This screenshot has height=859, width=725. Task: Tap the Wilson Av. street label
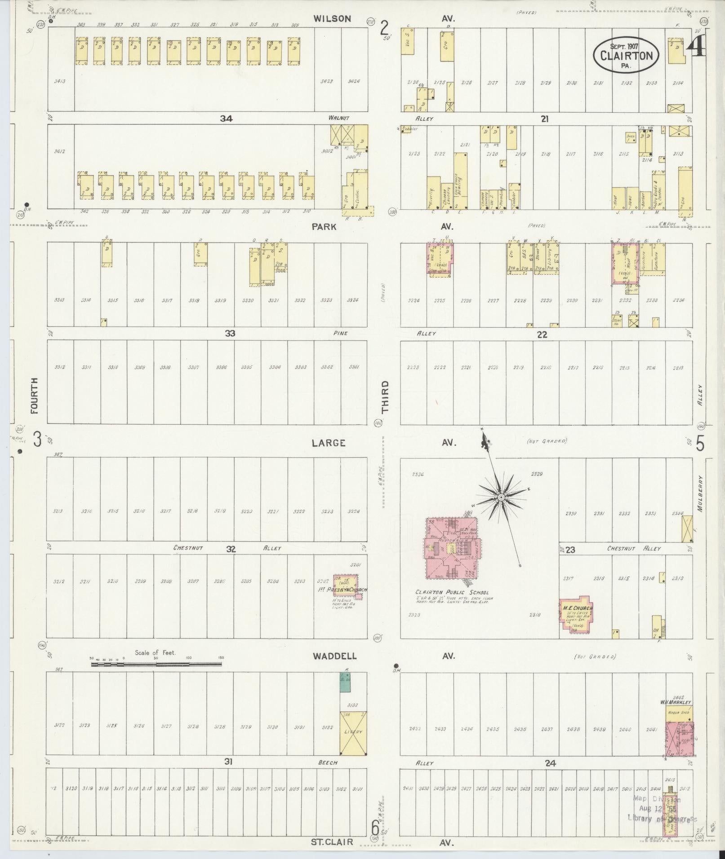point(332,18)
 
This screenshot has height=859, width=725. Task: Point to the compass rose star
point(500,497)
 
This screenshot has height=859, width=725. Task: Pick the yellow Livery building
point(353,732)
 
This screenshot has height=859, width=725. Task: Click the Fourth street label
point(35,395)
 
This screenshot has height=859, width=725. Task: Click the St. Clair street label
point(332,841)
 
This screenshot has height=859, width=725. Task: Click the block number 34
point(226,119)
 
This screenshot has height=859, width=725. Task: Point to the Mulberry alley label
point(701,495)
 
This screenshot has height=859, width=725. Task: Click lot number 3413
point(60,82)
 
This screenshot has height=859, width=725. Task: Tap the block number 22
point(542,335)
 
